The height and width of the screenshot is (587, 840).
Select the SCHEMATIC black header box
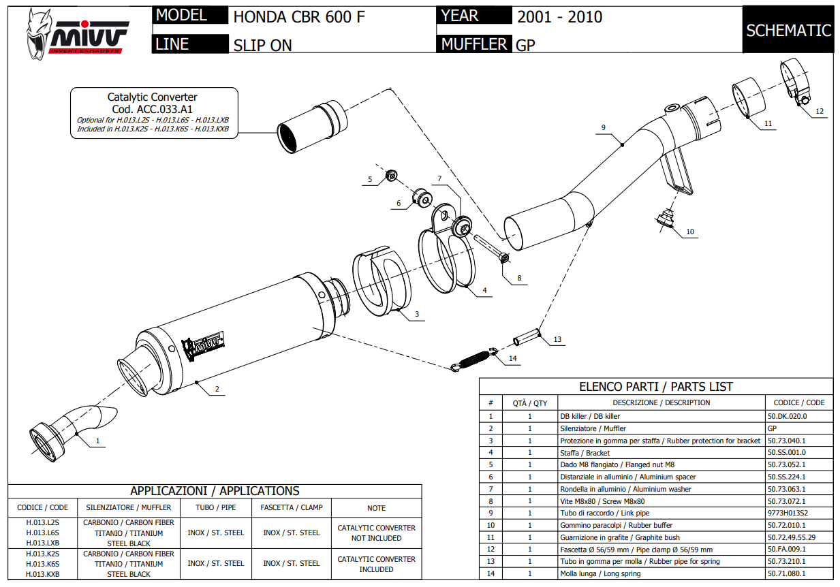(788, 30)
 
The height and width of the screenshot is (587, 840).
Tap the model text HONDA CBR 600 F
(299, 17)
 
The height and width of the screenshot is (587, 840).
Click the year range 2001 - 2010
(559, 17)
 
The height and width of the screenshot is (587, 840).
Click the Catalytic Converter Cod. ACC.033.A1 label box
(153, 113)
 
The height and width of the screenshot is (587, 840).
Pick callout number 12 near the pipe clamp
(820, 111)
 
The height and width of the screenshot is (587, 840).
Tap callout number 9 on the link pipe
(604, 127)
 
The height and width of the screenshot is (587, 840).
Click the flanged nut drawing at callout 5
(392, 176)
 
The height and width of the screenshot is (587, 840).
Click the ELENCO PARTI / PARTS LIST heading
(656, 387)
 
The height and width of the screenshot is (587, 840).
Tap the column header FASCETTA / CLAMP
(292, 507)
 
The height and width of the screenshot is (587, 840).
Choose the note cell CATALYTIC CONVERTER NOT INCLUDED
(376, 533)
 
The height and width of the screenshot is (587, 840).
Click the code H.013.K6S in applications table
(42, 564)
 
